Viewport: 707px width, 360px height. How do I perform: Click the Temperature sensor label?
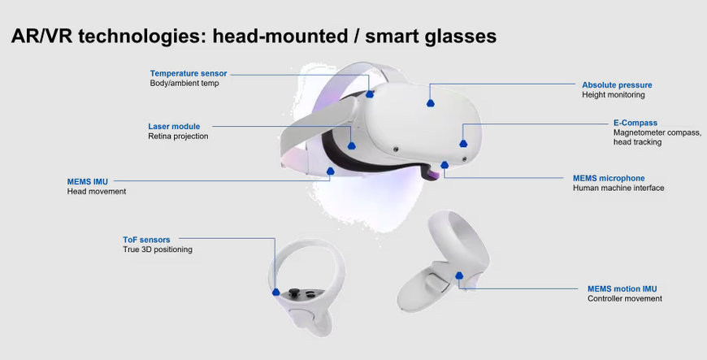(189, 73)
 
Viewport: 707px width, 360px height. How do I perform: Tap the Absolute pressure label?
(617, 85)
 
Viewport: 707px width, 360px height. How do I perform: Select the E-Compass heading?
(635, 123)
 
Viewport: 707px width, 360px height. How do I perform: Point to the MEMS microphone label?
(609, 178)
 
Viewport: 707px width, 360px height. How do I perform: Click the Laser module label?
(174, 126)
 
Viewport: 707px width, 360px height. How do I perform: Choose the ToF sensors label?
(146, 240)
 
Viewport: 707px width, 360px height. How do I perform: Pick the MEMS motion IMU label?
(622, 288)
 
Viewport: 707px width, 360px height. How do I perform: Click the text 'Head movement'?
(97, 191)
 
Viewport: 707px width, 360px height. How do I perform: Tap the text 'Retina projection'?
(178, 137)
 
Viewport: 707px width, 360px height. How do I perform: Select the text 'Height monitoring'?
(614, 95)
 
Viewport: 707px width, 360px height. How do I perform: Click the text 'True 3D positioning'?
(158, 249)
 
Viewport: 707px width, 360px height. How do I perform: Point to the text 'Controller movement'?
(624, 299)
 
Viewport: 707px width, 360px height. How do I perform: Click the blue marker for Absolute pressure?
(431, 103)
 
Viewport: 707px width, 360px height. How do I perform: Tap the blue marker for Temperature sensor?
(370, 93)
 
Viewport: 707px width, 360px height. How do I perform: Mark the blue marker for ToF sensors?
(276, 293)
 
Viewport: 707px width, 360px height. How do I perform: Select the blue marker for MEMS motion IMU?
(459, 275)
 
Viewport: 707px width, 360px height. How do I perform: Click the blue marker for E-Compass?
(463, 144)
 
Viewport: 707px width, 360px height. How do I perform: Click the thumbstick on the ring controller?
(294, 293)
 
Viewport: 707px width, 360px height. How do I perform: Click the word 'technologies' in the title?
(142, 36)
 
